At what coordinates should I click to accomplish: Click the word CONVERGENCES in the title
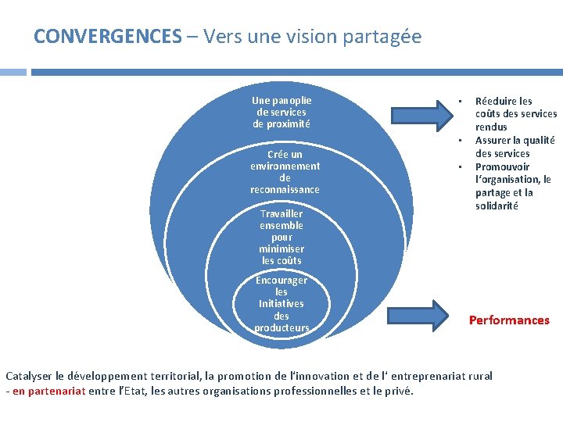(107, 37)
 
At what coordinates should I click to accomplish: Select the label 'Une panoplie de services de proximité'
(281, 112)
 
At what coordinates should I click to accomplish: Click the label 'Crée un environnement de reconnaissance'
(285, 172)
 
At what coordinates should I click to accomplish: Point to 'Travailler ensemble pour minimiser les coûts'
(281, 237)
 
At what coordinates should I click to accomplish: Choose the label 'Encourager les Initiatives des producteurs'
(281, 303)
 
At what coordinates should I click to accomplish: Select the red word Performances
(509, 320)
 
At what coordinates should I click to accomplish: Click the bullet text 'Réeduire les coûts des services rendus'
(515, 113)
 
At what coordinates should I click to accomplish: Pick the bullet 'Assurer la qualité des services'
(515, 147)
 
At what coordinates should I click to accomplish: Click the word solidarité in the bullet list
(497, 206)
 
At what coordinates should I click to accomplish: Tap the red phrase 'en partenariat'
(48, 391)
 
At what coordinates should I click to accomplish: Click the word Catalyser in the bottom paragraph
(30, 376)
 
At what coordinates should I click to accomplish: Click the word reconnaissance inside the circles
(285, 190)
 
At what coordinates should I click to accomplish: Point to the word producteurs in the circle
(281, 327)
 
